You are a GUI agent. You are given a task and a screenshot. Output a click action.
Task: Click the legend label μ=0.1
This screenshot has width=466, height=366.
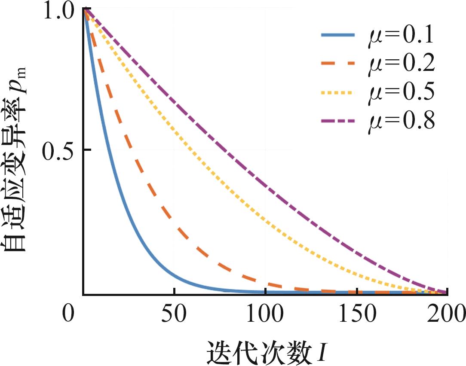click(x=401, y=35)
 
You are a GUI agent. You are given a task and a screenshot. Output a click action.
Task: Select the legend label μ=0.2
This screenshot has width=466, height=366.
click(x=401, y=63)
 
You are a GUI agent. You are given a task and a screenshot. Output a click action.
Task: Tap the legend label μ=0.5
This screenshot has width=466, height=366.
click(x=401, y=92)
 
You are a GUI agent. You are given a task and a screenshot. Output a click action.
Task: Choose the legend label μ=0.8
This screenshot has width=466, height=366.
click(x=401, y=121)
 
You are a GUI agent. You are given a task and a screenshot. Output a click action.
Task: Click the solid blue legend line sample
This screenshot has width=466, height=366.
click(x=338, y=35)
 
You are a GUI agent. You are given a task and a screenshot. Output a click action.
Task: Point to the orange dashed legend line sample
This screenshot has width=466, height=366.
click(x=338, y=63)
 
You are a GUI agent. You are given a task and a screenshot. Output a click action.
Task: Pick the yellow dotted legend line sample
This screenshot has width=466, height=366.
click(x=338, y=92)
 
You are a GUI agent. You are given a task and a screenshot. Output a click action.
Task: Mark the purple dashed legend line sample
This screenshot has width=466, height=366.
click(x=338, y=121)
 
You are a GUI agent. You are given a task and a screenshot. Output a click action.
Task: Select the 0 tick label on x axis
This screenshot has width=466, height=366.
click(x=68, y=313)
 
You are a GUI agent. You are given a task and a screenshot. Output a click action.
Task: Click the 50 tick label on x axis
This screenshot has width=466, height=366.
click(x=174, y=314)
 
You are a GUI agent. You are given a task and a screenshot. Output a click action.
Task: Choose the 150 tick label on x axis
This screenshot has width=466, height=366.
click(x=357, y=314)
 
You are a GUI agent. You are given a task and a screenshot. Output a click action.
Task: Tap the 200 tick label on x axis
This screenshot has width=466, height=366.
click(x=446, y=314)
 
